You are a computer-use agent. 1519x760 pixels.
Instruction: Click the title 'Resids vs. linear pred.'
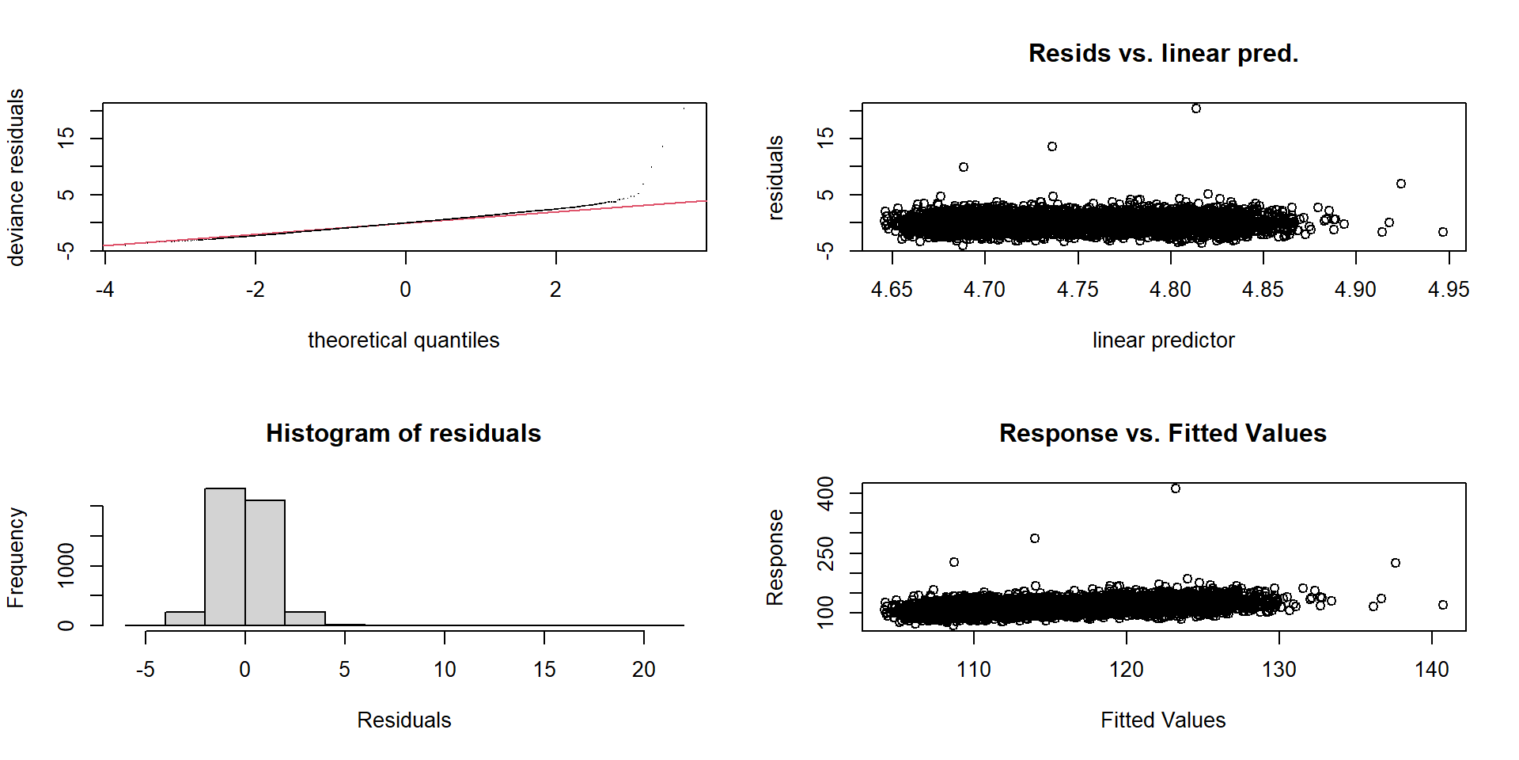pos(1163,53)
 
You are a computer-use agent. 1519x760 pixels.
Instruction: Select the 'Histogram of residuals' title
pos(403,433)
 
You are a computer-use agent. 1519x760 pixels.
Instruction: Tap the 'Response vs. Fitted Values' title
pos(1163,433)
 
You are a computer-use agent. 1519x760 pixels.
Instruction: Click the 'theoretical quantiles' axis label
pos(403,340)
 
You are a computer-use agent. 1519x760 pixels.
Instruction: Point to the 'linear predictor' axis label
pos(1163,340)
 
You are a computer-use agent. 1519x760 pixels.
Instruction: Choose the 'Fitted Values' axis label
pos(1163,720)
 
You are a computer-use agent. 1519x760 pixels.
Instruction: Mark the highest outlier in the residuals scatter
pos(1196,108)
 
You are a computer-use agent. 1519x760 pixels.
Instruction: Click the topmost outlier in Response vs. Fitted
pos(1176,488)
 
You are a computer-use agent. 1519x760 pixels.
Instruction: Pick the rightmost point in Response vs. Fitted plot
pos(1443,605)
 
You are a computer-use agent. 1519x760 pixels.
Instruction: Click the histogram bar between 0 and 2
pos(265,562)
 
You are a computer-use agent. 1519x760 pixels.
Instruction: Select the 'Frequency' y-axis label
pos(16,557)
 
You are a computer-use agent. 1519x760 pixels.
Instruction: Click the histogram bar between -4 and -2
pos(185,618)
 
